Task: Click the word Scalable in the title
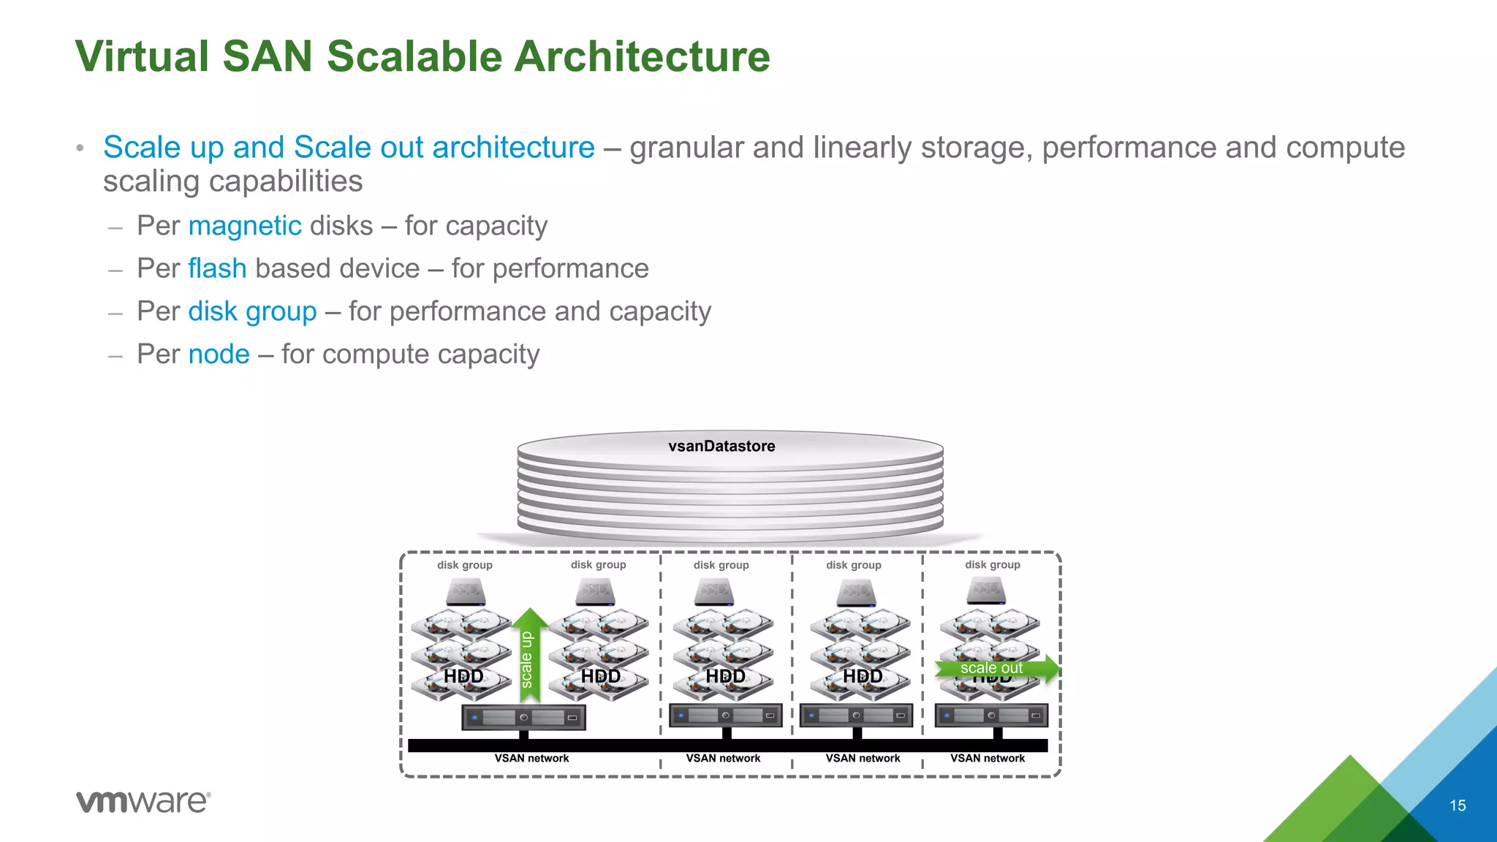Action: tap(414, 56)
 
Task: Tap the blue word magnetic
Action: tap(245, 226)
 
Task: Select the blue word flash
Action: tap(217, 268)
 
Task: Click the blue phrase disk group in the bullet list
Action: tap(252, 311)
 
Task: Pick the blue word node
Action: tap(219, 354)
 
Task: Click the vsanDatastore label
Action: tap(721, 446)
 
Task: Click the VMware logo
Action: tap(143, 801)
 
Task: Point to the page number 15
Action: tap(1458, 805)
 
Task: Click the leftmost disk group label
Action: tap(465, 565)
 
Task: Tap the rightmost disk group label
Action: tap(993, 565)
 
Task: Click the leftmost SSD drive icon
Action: tap(466, 591)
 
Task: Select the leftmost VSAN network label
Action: tap(531, 759)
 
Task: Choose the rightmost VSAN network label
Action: tap(988, 759)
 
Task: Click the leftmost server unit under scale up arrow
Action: tap(523, 718)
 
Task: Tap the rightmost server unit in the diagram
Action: tap(991, 716)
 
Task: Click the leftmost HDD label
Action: tap(463, 676)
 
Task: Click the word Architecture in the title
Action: tap(642, 56)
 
